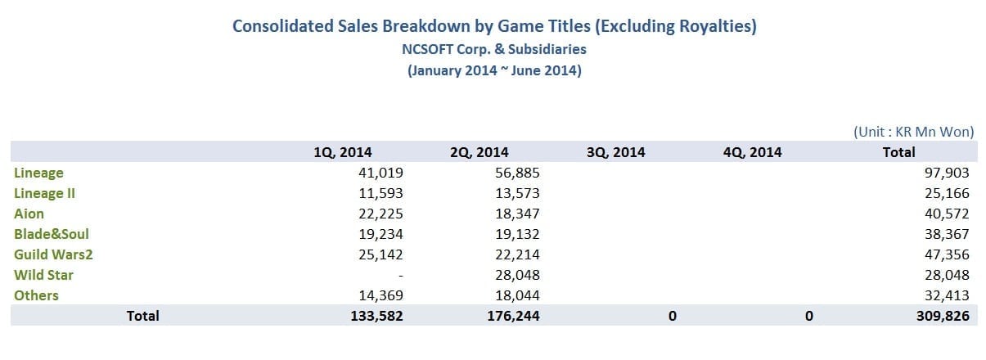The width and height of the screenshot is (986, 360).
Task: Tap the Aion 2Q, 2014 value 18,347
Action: [516, 214]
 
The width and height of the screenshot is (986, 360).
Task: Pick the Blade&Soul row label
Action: [52, 234]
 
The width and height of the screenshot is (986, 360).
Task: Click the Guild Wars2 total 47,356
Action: [947, 254]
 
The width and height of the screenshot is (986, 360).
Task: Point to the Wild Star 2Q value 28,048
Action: [516, 275]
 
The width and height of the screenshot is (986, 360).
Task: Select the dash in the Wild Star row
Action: [399, 276]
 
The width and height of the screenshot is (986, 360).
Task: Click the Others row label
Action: [36, 295]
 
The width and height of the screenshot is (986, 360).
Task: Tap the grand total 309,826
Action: [943, 316]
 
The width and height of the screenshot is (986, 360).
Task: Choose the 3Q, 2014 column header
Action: [615, 152]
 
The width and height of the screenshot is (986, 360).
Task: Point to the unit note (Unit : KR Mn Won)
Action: [913, 132]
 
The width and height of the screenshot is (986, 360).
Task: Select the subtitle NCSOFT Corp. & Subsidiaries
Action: [493, 49]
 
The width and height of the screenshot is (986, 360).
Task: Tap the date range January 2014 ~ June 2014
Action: [494, 70]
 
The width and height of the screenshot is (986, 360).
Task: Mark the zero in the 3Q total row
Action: [671, 316]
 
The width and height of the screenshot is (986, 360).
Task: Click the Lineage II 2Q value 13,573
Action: [516, 193]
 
